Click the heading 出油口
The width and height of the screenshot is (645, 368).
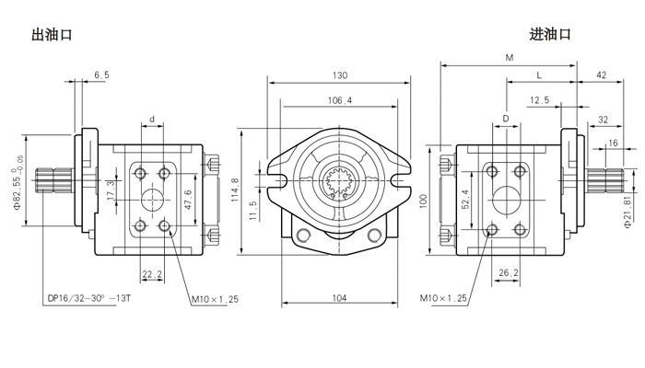coord(52,35)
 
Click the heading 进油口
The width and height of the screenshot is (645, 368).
coord(551,35)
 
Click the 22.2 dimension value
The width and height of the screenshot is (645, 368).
coord(153,274)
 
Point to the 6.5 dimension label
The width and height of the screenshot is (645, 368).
coord(101,75)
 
